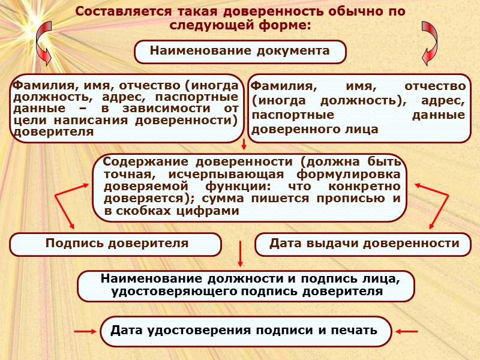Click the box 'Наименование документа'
coord(240,52)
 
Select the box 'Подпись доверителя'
coord(116,244)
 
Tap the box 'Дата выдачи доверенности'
coord(364,244)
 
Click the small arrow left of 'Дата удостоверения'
coord(85,331)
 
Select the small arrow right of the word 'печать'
coord(408,331)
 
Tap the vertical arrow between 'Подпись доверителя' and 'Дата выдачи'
coord(240,254)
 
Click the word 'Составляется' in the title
coord(122,12)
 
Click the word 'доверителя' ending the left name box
coord(53,133)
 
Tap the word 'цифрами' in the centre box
coord(213,211)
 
